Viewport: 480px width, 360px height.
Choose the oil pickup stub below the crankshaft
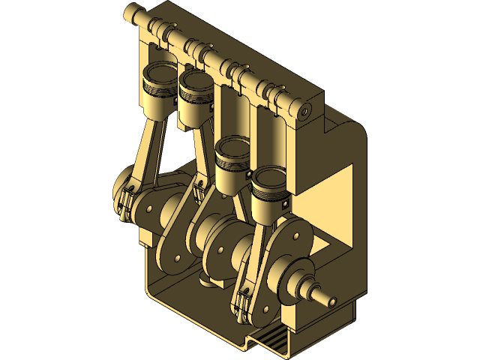[208, 283]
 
